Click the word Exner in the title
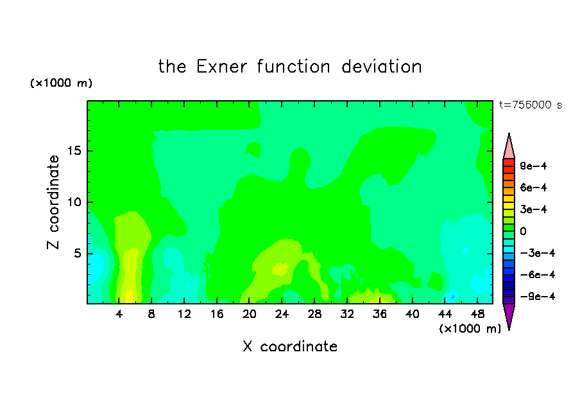[x=221, y=67]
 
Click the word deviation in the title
[x=381, y=67]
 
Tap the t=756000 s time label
[x=531, y=105]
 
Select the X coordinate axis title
[x=290, y=346]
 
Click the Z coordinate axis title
[x=53, y=202]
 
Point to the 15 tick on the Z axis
[x=74, y=151]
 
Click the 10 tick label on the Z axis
[x=74, y=202]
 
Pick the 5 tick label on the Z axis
[x=77, y=253]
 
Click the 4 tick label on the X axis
[x=119, y=314]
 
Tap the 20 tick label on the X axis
[x=250, y=314]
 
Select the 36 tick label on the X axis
[x=380, y=314]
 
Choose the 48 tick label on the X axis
[x=477, y=314]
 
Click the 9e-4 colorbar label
[x=533, y=166]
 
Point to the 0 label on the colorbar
[x=523, y=231]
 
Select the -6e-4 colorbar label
[x=538, y=275]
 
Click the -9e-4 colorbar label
[x=538, y=296]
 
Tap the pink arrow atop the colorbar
[x=509, y=146]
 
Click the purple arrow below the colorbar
[x=509, y=316]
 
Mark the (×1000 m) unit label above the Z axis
[x=61, y=83]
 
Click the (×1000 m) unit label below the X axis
[x=470, y=329]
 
